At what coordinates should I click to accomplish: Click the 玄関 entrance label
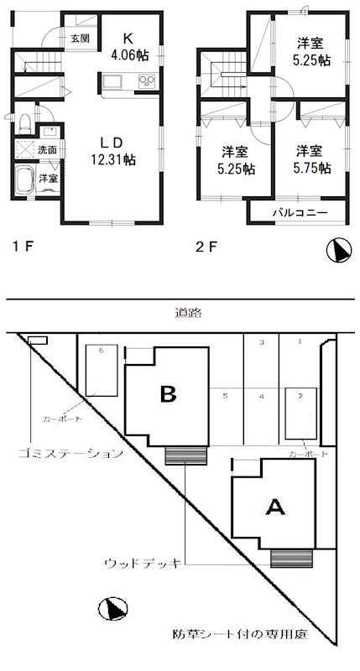(79, 39)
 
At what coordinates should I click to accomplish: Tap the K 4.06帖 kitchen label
(128, 45)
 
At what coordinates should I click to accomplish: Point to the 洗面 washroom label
(48, 149)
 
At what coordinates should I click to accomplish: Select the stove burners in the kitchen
(146, 82)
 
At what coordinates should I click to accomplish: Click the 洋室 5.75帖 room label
(312, 159)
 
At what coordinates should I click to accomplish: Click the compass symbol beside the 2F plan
(337, 249)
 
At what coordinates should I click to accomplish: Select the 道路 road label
(178, 312)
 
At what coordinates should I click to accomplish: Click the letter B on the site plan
(168, 392)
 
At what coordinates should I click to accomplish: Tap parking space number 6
(101, 350)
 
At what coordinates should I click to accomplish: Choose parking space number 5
(225, 395)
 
